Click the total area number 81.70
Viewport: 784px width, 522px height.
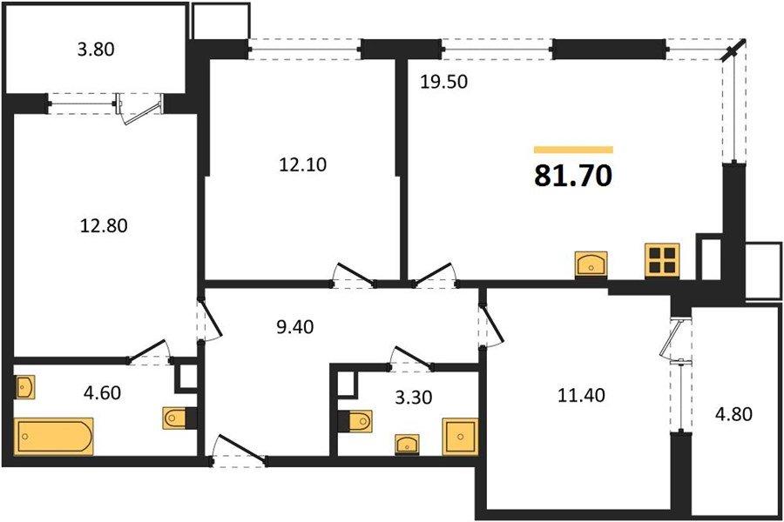pyautogui.click(x=572, y=177)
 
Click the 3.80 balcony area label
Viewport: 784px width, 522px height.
pyautogui.click(x=96, y=50)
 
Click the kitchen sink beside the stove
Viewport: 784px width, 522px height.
pyautogui.click(x=592, y=264)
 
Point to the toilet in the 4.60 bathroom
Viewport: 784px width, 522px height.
pyautogui.click(x=177, y=418)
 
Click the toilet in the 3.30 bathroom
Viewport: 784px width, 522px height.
pyautogui.click(x=355, y=422)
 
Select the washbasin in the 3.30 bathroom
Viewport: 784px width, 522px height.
pyautogui.click(x=406, y=444)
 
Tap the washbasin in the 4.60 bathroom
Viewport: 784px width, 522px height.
pyautogui.click(x=24, y=386)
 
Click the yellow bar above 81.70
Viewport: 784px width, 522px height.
pyautogui.click(x=572, y=150)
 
